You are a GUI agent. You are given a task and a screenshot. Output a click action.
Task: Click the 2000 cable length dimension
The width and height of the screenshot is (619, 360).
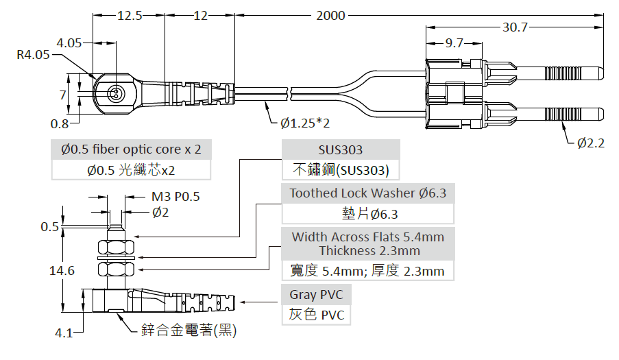330,15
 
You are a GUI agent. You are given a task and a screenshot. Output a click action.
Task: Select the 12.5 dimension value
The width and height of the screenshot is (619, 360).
130,15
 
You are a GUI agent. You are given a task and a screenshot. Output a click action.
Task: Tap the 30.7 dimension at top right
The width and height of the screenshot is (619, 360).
515,27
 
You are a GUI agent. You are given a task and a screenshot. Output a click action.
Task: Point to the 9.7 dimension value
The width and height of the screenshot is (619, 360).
454,43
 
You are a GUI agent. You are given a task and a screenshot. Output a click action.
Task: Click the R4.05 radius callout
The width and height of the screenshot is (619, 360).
33,54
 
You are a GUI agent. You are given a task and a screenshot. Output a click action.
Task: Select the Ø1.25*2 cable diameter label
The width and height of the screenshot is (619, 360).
305,123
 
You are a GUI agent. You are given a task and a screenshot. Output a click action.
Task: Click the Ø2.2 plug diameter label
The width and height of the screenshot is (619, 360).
591,143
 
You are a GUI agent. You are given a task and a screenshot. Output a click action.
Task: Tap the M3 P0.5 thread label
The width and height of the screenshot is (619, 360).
175,197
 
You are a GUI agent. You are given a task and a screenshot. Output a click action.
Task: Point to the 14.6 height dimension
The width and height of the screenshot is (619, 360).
62,270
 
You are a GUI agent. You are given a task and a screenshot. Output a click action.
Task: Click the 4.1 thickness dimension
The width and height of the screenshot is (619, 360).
64,333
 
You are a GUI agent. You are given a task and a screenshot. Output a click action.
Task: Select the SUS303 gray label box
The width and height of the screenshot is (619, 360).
341,149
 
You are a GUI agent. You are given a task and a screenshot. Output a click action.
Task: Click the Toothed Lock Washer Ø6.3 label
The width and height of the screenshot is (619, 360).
368,193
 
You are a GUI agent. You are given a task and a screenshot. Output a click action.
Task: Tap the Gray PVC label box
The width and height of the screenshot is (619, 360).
316,294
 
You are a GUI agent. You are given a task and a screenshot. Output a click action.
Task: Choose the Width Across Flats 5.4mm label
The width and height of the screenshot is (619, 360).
368,237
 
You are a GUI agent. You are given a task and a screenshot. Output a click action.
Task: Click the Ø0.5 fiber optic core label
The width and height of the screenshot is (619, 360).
131,149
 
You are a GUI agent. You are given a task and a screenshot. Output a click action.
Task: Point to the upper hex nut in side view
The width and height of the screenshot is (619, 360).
116,248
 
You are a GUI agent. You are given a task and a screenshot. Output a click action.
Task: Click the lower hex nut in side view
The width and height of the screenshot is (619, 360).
116,269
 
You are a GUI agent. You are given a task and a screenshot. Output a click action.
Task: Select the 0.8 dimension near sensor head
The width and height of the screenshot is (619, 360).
60,124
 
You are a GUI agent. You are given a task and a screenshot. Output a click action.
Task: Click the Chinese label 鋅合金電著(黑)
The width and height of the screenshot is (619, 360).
189,330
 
